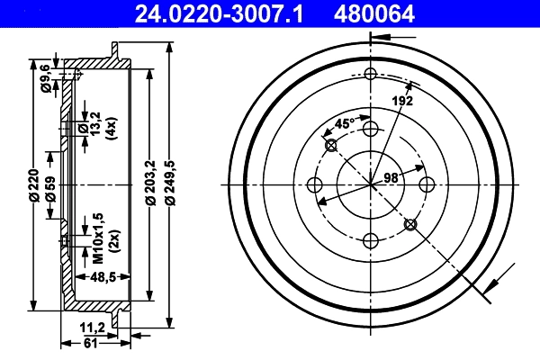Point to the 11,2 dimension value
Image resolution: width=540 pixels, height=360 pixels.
(95, 327)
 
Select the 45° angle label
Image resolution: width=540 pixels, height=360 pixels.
(345, 124)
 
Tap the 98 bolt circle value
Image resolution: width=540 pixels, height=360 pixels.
(391, 178)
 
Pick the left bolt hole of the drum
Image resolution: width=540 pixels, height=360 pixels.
(315, 184)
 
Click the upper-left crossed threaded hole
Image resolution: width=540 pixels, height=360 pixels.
(330, 146)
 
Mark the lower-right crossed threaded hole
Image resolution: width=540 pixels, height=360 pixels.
(410, 224)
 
